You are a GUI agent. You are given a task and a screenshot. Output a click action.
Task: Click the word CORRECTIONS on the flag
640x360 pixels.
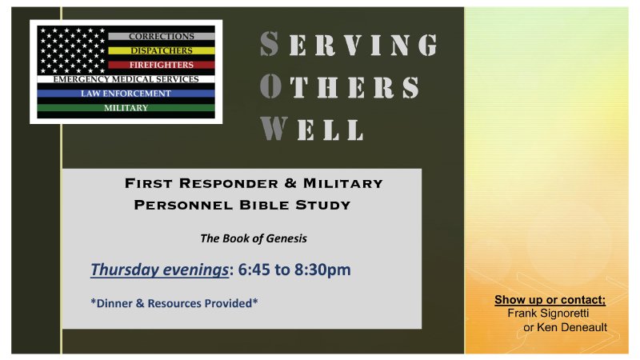[x=161, y=37]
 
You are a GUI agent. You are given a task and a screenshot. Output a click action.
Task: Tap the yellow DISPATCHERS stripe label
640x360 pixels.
[x=161, y=50]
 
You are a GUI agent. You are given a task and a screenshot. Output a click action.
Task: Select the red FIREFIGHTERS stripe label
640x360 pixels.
[x=161, y=64]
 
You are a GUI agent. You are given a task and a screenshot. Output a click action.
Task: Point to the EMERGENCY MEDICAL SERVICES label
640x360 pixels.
[x=126, y=79]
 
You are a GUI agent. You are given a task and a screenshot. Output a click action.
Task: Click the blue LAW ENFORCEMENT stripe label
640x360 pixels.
[x=126, y=94]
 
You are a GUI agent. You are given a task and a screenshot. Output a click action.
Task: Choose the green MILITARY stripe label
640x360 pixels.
[x=126, y=108]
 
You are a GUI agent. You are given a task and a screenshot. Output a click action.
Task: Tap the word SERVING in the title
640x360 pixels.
[x=349, y=46]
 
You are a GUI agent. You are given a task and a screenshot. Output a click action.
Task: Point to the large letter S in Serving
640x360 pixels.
[x=270, y=46]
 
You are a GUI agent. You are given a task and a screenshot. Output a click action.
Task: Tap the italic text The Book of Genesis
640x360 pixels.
[x=253, y=238]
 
